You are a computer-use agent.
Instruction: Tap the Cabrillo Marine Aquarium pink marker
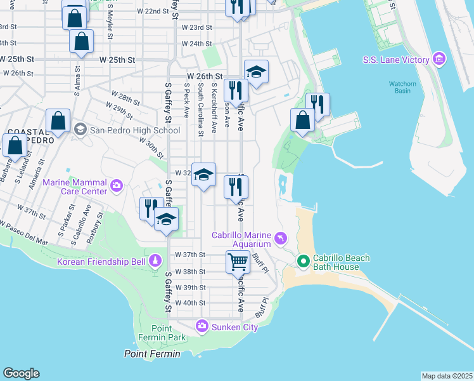(280, 239)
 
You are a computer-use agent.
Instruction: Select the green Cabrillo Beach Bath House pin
(303, 261)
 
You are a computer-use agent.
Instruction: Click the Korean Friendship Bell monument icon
(155, 261)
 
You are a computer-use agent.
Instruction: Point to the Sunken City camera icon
(202, 326)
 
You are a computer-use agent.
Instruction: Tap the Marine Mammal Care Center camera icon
(117, 186)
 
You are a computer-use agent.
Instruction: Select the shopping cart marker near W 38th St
(238, 262)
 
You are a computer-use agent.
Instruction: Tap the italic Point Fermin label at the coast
(152, 354)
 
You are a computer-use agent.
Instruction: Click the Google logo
(21, 373)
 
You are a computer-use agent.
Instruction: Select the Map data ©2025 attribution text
(446, 376)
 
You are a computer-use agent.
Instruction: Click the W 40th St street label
(191, 303)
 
